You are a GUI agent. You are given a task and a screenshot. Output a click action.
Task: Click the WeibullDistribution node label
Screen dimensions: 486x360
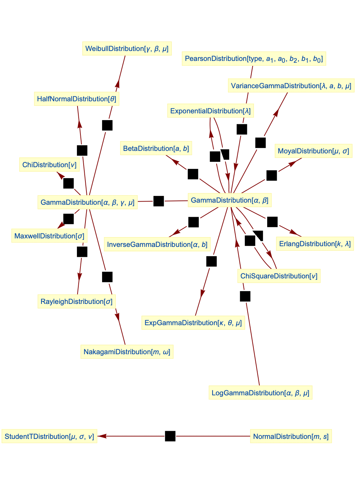[127, 49]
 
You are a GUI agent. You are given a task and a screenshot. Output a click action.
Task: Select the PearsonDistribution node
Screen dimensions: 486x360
[254, 59]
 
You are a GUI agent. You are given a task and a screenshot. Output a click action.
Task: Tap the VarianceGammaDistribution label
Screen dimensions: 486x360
[291, 86]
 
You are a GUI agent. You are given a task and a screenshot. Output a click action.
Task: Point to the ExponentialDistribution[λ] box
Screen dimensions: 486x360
[210, 111]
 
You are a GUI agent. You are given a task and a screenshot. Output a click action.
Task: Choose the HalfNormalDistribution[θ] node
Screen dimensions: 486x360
[77, 99]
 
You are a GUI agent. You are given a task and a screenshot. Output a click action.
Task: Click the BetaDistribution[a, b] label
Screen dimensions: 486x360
[156, 148]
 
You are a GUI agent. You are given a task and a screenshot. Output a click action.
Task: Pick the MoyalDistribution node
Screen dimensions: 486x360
[313, 151]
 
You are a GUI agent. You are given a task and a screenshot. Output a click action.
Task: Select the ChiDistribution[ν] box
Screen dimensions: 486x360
[49, 165]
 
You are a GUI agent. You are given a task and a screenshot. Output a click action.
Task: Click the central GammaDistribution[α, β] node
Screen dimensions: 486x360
[230, 200]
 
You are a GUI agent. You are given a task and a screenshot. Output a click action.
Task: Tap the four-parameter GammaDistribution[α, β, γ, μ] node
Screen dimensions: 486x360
[88, 202]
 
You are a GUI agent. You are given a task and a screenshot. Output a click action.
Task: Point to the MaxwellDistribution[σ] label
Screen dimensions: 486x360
[49, 236]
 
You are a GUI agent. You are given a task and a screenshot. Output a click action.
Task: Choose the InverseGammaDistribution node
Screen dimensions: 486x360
[157, 244]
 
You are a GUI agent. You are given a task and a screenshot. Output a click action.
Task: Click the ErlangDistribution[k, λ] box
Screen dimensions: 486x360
[315, 244]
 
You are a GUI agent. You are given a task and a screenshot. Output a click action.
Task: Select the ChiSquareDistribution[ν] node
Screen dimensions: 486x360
[279, 276]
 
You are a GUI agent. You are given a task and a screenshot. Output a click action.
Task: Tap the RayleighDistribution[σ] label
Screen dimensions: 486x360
[77, 301]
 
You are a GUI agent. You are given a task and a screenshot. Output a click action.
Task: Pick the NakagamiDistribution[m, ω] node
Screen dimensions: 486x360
[127, 352]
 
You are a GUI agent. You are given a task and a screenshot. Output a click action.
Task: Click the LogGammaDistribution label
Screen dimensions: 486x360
[260, 393]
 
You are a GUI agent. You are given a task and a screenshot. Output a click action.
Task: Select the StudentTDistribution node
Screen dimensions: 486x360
[49, 436]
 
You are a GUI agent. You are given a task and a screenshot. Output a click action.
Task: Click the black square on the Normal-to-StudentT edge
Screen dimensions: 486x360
[170, 436]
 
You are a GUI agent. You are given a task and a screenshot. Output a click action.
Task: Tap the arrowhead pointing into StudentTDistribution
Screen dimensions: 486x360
[102, 436]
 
